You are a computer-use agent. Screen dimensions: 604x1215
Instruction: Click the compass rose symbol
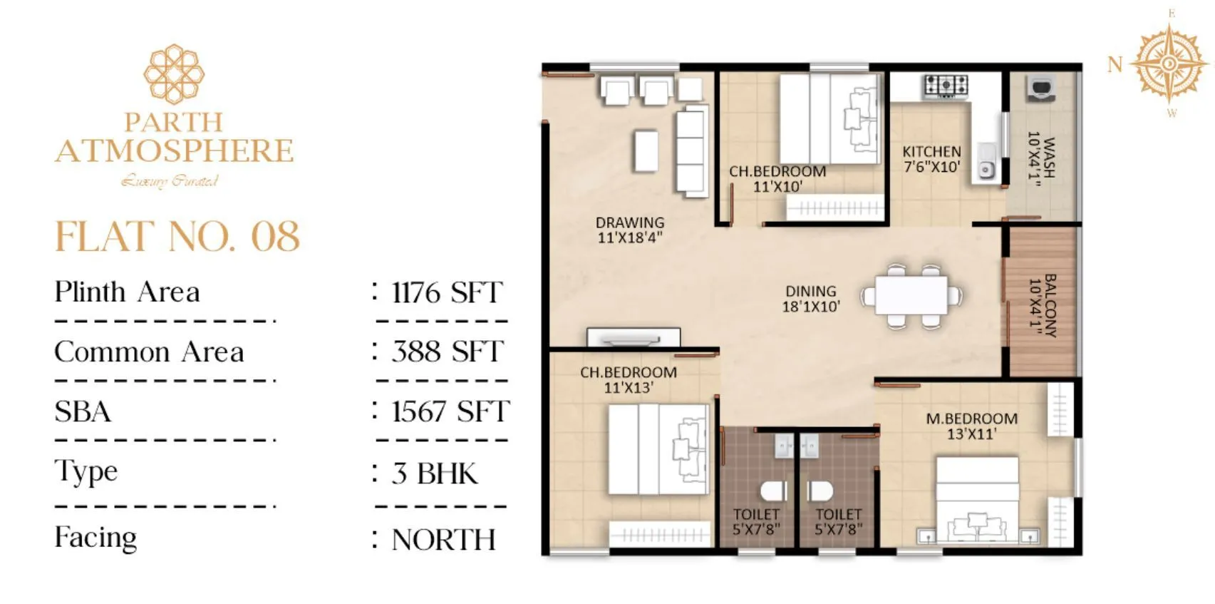(x=1169, y=64)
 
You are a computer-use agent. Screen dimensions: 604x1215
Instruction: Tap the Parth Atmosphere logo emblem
(x=174, y=74)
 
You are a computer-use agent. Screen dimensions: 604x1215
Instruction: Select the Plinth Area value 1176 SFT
(x=447, y=292)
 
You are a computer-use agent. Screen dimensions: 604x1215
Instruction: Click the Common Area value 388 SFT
(x=447, y=352)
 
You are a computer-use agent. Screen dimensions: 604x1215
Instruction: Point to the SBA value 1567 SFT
(x=450, y=411)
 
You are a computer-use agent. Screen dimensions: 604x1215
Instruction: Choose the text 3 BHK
(x=435, y=474)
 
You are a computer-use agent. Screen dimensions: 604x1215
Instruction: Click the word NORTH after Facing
(x=443, y=540)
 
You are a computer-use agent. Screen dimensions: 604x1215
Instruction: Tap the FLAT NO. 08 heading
(x=177, y=237)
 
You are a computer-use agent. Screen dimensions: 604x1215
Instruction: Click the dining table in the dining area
(x=911, y=295)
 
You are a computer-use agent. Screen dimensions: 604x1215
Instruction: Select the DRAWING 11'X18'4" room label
(x=630, y=230)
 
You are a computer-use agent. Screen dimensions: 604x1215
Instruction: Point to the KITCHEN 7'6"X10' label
(x=931, y=159)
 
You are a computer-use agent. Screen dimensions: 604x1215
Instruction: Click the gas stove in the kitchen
(x=946, y=86)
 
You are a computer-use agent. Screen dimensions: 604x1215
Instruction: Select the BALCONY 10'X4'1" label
(x=1043, y=305)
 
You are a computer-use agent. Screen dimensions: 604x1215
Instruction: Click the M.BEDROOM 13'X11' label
(x=971, y=426)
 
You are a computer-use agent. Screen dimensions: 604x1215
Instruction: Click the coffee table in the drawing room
(x=646, y=150)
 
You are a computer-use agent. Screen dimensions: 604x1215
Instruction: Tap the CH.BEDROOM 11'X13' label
(x=629, y=379)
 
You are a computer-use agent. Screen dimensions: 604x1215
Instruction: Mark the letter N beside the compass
(x=1115, y=65)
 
